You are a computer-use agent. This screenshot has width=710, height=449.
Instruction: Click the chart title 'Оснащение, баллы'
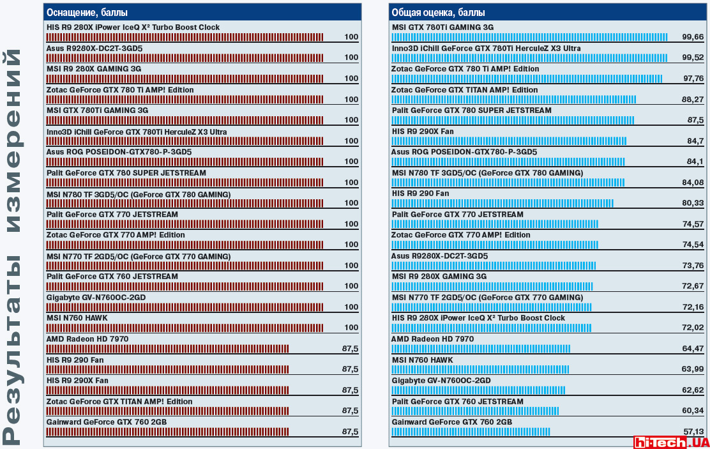click(87, 12)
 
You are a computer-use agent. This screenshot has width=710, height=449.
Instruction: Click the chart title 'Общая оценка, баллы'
click(438, 12)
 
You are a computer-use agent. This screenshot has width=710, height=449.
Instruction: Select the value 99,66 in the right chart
click(693, 37)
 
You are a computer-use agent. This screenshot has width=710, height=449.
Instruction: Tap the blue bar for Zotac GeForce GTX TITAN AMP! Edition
click(513, 99)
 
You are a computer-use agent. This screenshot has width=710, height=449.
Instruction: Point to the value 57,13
click(693, 432)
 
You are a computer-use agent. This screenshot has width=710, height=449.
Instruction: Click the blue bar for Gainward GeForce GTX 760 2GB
click(471, 432)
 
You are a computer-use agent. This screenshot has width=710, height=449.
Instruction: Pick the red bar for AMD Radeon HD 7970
click(167, 349)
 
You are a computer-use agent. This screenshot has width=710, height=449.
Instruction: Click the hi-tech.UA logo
click(670, 441)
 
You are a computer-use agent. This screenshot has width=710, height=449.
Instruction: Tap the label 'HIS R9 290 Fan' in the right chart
click(420, 194)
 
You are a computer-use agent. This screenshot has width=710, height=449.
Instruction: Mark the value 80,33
click(693, 203)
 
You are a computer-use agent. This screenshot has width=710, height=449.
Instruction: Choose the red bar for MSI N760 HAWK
click(185, 328)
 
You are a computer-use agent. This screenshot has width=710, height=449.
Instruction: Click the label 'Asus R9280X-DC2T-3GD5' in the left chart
click(94, 48)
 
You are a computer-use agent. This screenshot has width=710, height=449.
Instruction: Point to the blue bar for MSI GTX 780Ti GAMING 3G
click(529, 37)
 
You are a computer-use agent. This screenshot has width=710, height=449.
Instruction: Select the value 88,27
click(693, 100)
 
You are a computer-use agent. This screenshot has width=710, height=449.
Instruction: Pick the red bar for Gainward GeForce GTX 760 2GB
click(167, 432)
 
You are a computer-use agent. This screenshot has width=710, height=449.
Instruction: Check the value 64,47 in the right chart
click(693, 349)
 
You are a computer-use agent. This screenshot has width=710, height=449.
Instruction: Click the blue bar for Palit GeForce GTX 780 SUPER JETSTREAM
click(513, 120)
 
